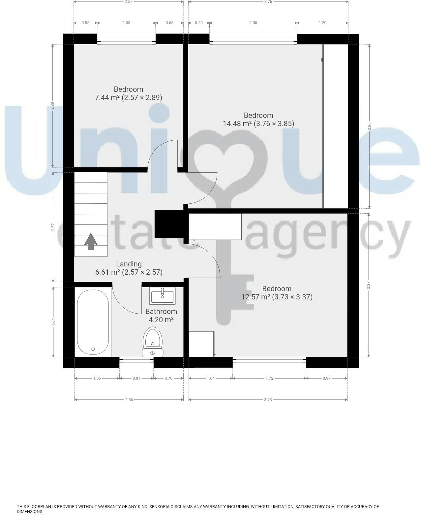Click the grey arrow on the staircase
click(91, 241)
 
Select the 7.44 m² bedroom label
click(128, 93)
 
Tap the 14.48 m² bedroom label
click(258, 120)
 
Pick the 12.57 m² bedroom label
click(277, 293)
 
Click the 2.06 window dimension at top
click(253, 23)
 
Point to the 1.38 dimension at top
click(126, 23)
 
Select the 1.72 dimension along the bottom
click(269, 378)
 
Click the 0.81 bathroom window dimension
click(136, 378)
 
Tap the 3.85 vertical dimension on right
click(370, 126)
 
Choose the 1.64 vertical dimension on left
click(53, 322)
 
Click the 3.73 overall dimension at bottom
click(268, 400)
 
